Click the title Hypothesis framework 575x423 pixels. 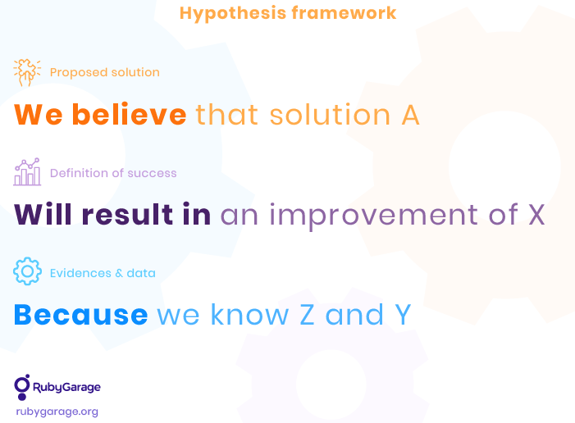288,14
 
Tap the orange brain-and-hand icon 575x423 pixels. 27,72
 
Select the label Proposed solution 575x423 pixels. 105,72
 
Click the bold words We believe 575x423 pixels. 100,115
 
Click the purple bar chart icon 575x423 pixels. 27,172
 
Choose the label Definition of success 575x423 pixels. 113,173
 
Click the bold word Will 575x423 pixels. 43,214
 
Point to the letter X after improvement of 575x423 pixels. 536,215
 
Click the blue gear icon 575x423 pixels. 27,271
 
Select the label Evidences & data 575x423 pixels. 103,273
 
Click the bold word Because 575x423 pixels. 80,315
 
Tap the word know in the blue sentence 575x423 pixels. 250,315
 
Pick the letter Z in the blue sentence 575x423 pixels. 307,315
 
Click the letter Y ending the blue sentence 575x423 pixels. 403,315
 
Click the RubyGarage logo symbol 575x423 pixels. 22,387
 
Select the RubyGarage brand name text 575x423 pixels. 66,388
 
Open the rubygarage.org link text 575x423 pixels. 57,412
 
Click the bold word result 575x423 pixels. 127,214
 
